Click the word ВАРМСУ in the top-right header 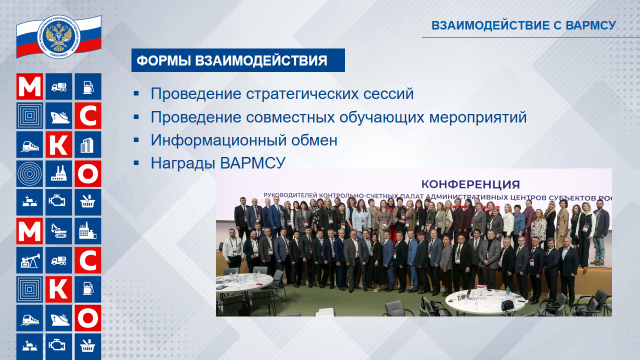coord(587,24)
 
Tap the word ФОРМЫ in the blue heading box coord(165,61)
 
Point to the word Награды coord(183,164)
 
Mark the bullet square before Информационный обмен coord(137,142)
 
